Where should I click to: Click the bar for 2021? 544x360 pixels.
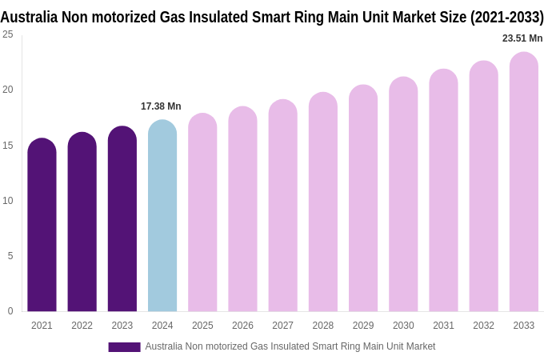(42, 226)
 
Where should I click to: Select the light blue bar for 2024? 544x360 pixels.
(162, 216)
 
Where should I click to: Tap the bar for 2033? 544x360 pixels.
(524, 182)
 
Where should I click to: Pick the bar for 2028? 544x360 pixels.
(323, 202)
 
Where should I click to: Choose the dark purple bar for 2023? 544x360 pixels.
(122, 219)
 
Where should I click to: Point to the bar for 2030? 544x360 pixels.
(403, 194)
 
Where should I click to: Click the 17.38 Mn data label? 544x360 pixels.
(161, 106)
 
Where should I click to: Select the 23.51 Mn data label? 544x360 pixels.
(522, 38)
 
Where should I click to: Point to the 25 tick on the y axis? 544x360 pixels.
(8, 34)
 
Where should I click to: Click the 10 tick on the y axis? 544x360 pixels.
(8, 201)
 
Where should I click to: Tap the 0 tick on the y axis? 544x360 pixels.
(10, 311)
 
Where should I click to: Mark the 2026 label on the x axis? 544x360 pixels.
(242, 326)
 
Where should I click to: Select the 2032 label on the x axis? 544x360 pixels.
(483, 326)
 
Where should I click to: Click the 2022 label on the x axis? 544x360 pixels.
(82, 326)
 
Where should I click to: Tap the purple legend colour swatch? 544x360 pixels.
(124, 347)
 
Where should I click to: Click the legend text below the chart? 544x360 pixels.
(290, 346)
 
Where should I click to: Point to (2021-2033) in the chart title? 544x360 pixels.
(506, 17)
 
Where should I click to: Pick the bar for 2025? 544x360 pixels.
(202, 213)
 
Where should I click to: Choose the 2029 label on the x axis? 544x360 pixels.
(363, 326)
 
